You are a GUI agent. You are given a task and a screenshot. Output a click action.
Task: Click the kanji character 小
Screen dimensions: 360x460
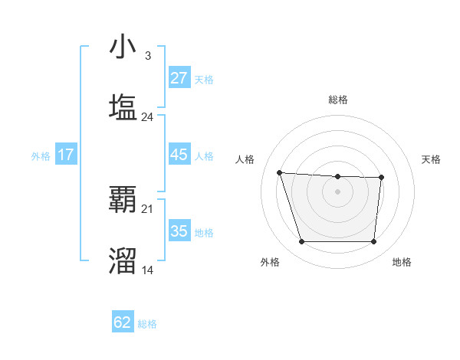pyautogui.click(x=123, y=47)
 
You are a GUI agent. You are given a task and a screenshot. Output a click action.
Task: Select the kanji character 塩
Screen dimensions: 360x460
pyautogui.click(x=123, y=107)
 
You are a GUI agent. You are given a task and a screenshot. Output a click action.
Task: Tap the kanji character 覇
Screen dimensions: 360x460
pyautogui.click(x=123, y=200)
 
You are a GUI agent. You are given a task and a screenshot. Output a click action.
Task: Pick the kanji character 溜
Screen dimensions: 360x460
pyautogui.click(x=123, y=260)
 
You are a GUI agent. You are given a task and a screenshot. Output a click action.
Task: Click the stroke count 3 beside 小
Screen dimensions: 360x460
pyautogui.click(x=147, y=56)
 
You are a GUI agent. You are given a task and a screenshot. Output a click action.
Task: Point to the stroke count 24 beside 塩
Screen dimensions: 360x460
pyautogui.click(x=147, y=116)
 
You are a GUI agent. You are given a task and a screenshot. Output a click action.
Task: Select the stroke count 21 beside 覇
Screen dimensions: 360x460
pyautogui.click(x=147, y=208)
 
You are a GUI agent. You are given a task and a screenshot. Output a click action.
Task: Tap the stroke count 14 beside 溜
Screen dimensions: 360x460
pyautogui.click(x=147, y=270)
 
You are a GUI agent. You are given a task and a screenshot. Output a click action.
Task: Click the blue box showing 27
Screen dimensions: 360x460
pyautogui.click(x=179, y=78)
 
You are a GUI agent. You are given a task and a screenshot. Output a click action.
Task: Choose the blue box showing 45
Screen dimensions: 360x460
pyautogui.click(x=179, y=155)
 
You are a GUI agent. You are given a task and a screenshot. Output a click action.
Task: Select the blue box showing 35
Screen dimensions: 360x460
pyautogui.click(x=179, y=231)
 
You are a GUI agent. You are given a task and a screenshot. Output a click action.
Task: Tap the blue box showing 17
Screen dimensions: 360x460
pyautogui.click(x=66, y=155)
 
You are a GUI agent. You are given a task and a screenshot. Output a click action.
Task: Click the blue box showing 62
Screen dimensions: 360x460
pyautogui.click(x=123, y=322)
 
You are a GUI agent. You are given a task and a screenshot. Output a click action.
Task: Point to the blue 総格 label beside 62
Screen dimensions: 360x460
pyautogui.click(x=147, y=324)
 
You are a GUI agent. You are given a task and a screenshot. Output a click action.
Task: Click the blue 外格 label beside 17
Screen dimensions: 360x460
pyautogui.click(x=41, y=156)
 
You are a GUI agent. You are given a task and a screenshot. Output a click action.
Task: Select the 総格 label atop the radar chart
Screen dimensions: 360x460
pyautogui.click(x=338, y=100)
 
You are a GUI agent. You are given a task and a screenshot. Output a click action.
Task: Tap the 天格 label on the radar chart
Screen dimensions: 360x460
pyautogui.click(x=432, y=159)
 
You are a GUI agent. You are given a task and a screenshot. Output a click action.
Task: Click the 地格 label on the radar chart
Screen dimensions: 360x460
pyautogui.click(x=402, y=262)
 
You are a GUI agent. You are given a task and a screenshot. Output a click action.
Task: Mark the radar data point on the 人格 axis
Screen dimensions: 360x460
pyautogui.click(x=280, y=172)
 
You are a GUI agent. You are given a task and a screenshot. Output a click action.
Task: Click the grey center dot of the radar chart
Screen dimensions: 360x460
pyautogui.click(x=337, y=191)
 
